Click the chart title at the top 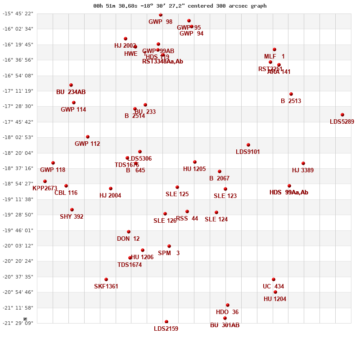click(x=180, y=6)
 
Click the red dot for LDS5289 click(x=342, y=115)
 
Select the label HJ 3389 click(x=303, y=170)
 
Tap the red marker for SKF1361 click(x=106, y=279)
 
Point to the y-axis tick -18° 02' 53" click(x=18, y=137)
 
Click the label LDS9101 click(x=248, y=152)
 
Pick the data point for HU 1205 click(x=195, y=162)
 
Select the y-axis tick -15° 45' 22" click(x=18, y=13)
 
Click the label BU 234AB click(x=71, y=92)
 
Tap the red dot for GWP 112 click(x=88, y=137)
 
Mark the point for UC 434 click(x=274, y=279)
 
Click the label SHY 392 click(x=72, y=216)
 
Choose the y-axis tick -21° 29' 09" click(x=18, y=323)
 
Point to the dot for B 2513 click(x=291, y=94)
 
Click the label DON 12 click(x=128, y=238)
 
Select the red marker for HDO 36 click(x=228, y=305)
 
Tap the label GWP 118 click(x=53, y=170)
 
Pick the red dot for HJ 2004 click(x=111, y=189)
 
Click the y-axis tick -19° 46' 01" click(x=18, y=230)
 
